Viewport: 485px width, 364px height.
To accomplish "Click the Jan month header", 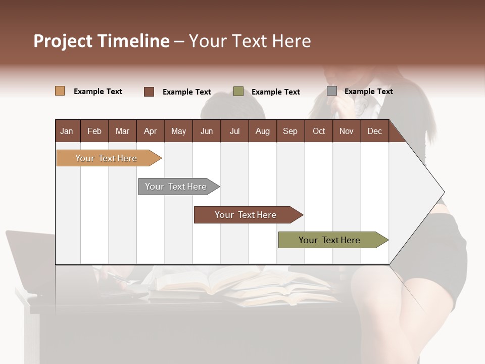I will [67, 131].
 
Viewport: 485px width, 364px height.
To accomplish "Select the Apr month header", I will [150, 131].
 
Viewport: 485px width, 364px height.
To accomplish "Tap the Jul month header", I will [234, 131].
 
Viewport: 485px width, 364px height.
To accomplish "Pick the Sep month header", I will [290, 131].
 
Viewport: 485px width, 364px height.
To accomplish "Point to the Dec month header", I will [374, 131].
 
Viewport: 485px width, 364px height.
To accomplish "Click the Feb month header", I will [94, 131].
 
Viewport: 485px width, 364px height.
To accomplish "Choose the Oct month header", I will [319, 131].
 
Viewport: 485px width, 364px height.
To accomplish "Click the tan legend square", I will [60, 91].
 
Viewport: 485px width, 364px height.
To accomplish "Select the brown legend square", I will [149, 92].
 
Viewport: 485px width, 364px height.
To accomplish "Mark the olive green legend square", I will [238, 92].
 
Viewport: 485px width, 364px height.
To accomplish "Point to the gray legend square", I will [332, 91].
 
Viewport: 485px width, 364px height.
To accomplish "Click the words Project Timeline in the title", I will [101, 41].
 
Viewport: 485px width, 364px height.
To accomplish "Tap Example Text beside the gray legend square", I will [368, 92].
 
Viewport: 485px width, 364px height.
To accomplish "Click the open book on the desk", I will [212, 281].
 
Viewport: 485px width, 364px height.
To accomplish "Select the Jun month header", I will [207, 131].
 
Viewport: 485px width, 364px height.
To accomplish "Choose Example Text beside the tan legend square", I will [98, 92].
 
